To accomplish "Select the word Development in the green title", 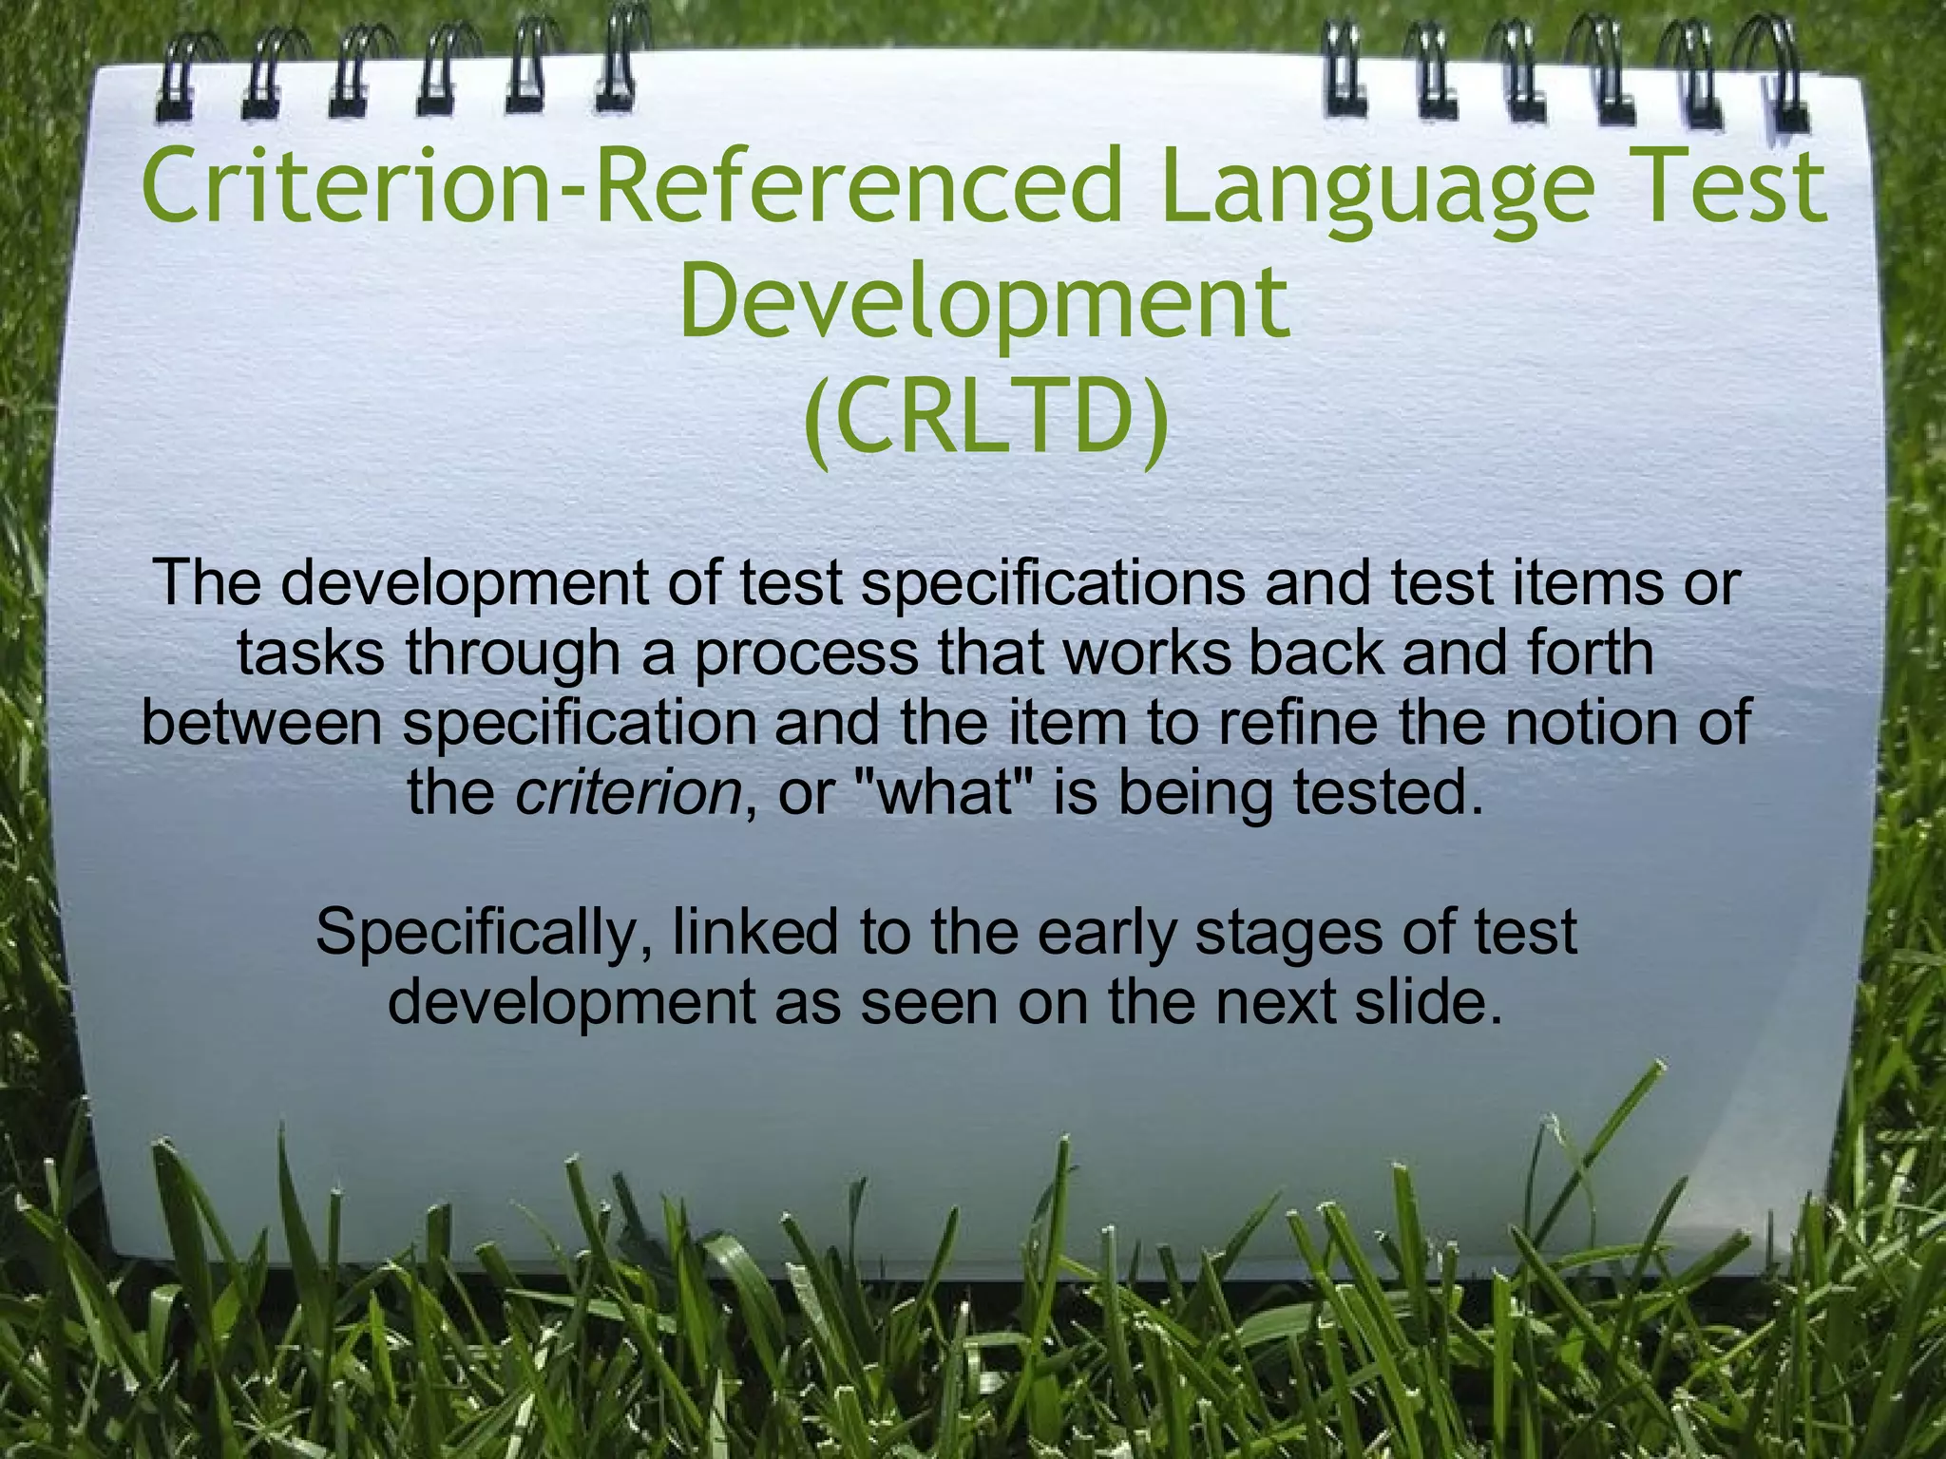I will [x=984, y=303].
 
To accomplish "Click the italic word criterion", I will [x=628, y=793].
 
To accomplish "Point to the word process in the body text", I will [x=807, y=654].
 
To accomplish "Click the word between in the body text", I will [x=261, y=723].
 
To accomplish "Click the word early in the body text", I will [x=1107, y=932].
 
